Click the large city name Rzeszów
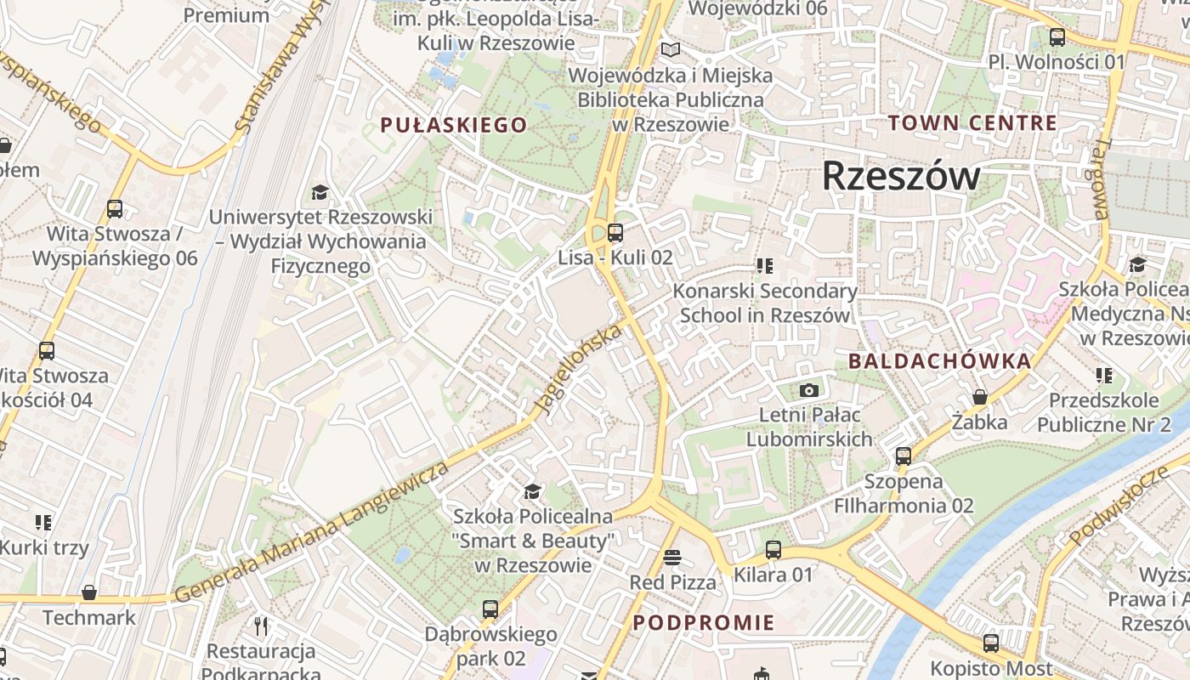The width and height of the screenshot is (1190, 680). click(901, 176)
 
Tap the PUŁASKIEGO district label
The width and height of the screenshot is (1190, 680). click(454, 125)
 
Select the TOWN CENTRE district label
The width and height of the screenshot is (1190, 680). click(972, 122)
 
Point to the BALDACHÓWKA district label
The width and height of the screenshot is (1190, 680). click(939, 360)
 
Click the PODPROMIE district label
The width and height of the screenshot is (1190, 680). click(704, 622)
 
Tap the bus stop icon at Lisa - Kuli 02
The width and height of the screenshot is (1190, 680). click(615, 232)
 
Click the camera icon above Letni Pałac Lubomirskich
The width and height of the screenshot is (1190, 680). click(809, 390)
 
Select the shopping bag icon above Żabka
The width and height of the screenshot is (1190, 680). click(979, 397)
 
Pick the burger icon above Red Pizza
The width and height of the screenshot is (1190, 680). click(672, 558)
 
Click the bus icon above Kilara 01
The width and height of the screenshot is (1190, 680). click(773, 550)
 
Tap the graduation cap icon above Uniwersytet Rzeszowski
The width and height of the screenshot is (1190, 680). click(320, 192)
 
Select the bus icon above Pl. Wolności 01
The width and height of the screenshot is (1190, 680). click(1057, 37)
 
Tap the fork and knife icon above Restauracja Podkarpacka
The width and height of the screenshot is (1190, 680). click(261, 626)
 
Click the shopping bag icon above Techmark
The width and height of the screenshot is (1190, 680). click(89, 592)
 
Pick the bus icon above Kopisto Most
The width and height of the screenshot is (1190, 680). click(990, 643)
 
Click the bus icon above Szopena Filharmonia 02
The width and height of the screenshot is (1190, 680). click(903, 456)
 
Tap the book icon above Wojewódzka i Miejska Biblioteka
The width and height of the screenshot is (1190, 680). click(671, 50)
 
